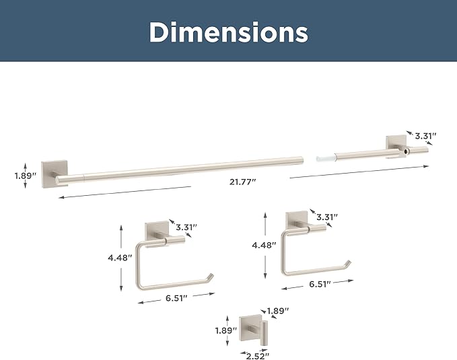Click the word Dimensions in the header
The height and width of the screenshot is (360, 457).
[229, 32]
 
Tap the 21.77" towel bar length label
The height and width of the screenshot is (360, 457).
[242, 182]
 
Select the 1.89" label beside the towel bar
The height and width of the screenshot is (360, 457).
[26, 176]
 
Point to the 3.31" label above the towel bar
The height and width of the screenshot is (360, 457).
[425, 136]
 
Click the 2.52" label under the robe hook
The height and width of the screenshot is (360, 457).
[257, 356]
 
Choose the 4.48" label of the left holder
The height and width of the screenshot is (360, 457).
[120, 258]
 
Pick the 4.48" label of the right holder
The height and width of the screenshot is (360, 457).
[264, 245]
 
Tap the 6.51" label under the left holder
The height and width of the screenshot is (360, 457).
[176, 298]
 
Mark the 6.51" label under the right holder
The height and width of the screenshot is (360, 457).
[320, 284]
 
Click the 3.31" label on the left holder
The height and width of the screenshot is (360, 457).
[186, 227]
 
